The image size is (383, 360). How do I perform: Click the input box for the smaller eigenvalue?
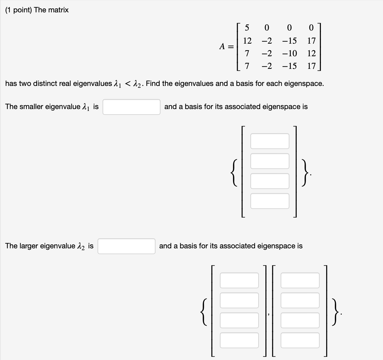click(x=131, y=107)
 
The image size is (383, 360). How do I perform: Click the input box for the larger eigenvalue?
click(x=126, y=246)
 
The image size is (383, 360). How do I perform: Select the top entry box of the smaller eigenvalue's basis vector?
click(x=270, y=141)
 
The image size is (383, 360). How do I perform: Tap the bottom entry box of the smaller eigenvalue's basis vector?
click(x=270, y=201)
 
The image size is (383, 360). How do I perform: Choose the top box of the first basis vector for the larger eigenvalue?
click(x=239, y=280)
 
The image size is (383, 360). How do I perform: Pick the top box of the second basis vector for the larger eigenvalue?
click(x=300, y=280)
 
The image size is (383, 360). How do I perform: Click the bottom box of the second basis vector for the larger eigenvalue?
click(x=300, y=340)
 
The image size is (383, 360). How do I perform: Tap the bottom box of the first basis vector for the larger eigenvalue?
click(x=239, y=340)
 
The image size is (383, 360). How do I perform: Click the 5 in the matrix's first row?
click(x=247, y=27)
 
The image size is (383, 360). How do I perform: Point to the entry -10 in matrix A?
click(x=289, y=53)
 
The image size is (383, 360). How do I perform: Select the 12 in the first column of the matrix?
click(x=247, y=41)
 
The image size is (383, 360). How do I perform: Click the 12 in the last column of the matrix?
click(x=311, y=53)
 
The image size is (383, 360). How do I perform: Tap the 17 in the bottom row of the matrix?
click(x=311, y=66)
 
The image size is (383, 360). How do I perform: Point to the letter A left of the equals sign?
click(x=223, y=47)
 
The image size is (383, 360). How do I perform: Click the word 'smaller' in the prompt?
click(x=33, y=107)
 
